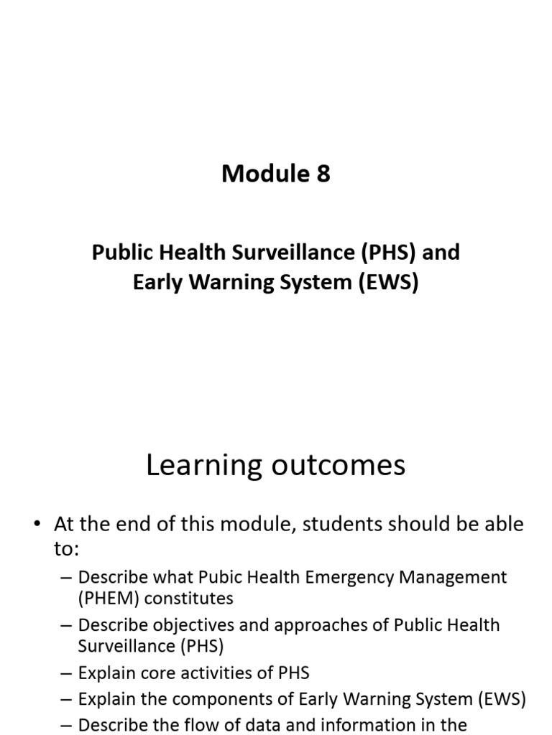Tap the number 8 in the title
click(x=322, y=174)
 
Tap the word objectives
click(x=181, y=624)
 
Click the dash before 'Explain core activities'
click(x=66, y=673)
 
